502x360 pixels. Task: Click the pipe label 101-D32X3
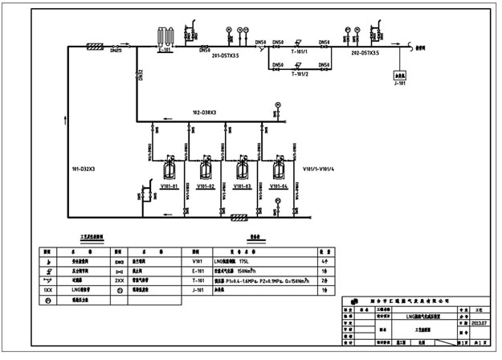tap(82, 170)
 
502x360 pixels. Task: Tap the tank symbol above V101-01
tap(169, 170)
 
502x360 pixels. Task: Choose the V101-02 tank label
tap(206, 186)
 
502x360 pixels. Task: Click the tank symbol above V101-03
tap(242, 170)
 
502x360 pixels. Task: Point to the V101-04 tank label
tap(278, 186)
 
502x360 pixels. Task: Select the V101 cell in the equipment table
tap(197, 261)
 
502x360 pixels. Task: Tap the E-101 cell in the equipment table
tap(197, 272)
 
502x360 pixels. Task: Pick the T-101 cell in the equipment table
tap(197, 282)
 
